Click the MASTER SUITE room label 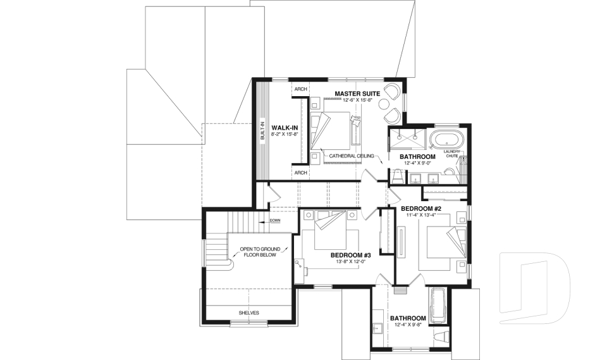(x=357, y=94)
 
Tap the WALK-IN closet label (x=285, y=128)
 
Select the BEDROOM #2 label (x=420, y=208)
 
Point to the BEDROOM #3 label (x=350, y=256)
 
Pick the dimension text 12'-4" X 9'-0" (x=417, y=163)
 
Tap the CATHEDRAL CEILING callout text (x=352, y=156)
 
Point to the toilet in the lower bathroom (x=441, y=336)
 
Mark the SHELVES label (x=248, y=313)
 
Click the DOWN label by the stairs (x=275, y=220)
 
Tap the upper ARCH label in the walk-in (x=300, y=90)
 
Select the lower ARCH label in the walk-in (x=300, y=173)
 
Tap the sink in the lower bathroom (x=377, y=327)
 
